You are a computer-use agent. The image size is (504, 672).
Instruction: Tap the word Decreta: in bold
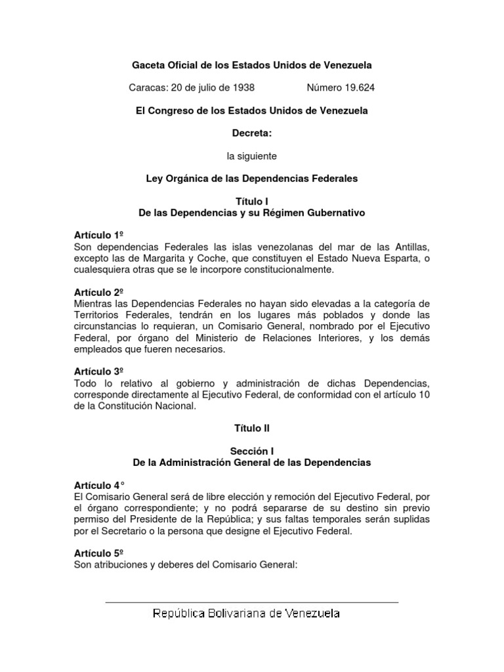tap(251, 133)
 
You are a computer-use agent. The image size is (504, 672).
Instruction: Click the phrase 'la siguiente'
tap(251, 156)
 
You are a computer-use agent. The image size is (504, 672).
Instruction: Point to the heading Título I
tap(251, 201)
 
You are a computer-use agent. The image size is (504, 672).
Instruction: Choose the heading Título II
tap(251, 428)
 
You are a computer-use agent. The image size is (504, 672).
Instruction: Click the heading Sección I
tap(251, 451)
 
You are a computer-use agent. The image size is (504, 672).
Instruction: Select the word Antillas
tap(410, 247)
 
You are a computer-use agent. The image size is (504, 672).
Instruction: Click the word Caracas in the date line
tap(150, 87)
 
